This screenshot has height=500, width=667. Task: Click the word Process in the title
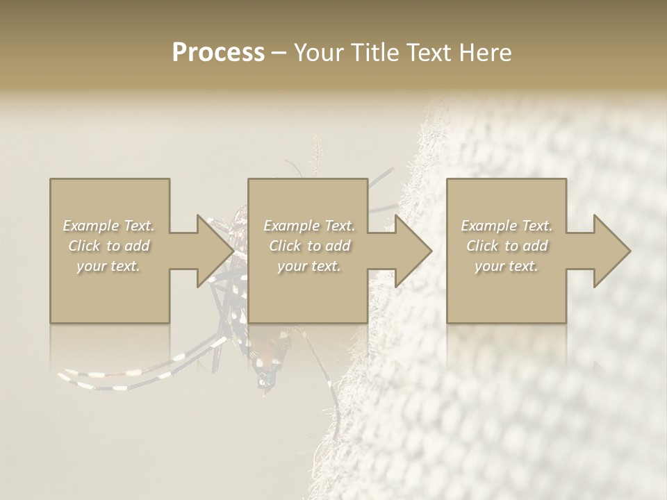tap(218, 53)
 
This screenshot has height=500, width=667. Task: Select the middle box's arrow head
tap(413, 251)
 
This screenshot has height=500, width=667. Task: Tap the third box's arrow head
tap(611, 251)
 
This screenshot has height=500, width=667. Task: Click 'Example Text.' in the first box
tap(109, 226)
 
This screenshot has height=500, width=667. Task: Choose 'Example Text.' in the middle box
tap(309, 226)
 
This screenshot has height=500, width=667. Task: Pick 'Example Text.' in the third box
tap(507, 226)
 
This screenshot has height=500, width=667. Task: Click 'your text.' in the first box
tap(109, 266)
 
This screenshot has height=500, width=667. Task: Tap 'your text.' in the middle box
tap(309, 266)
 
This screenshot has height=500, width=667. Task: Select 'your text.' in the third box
tap(507, 266)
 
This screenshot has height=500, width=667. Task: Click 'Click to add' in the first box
tap(109, 246)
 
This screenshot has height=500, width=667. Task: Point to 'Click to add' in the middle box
tap(309, 246)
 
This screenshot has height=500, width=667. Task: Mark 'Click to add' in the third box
tap(507, 246)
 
